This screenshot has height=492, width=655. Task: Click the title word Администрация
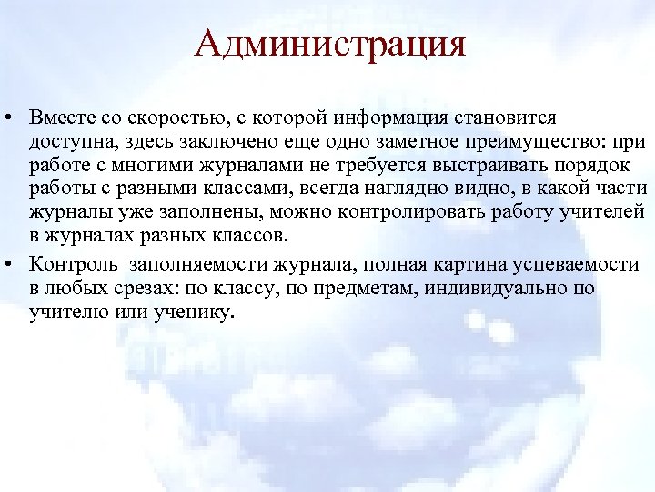(330, 43)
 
